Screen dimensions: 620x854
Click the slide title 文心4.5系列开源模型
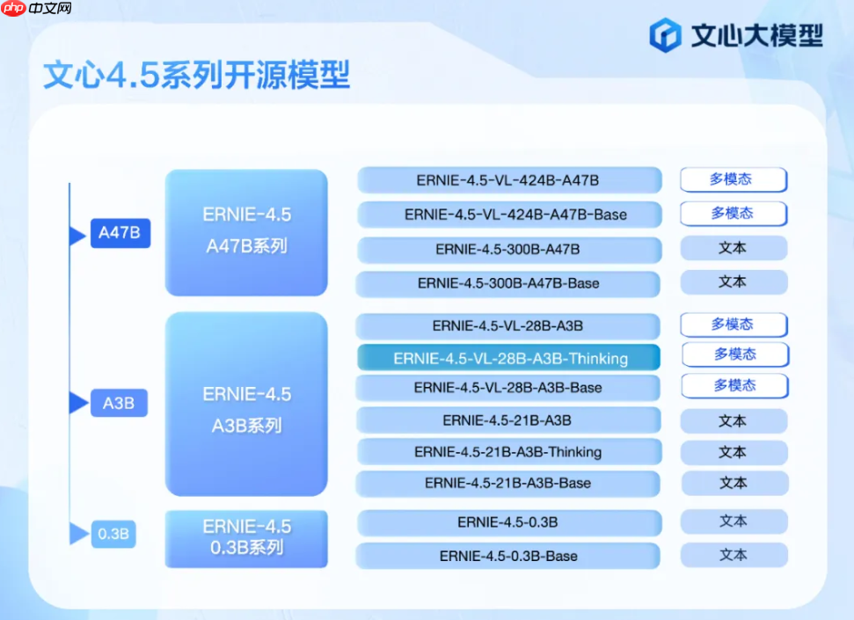click(197, 76)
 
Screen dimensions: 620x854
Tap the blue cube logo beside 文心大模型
click(666, 35)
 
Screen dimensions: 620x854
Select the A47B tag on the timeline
click(120, 234)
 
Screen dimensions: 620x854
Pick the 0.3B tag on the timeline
click(114, 534)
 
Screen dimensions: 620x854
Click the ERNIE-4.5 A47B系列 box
click(246, 231)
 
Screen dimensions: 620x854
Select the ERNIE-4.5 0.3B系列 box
click(246, 537)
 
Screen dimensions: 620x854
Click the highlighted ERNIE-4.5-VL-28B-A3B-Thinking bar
click(509, 358)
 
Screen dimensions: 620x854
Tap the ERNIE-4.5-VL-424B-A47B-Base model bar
click(509, 215)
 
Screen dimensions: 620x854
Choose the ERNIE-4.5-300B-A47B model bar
click(509, 250)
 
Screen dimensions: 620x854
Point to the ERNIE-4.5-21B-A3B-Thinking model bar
click(509, 452)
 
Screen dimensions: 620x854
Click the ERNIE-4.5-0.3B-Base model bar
click(509, 556)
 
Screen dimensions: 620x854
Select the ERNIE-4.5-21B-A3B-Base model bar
click(509, 483)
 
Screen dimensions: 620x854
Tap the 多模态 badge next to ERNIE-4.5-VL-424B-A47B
click(733, 179)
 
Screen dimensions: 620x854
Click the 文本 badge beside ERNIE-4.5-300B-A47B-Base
click(733, 282)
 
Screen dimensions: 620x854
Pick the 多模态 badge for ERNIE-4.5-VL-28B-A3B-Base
click(734, 385)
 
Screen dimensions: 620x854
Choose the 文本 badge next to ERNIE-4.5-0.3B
click(733, 522)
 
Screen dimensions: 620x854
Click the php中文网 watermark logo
click(37, 10)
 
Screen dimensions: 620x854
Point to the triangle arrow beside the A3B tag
click(78, 404)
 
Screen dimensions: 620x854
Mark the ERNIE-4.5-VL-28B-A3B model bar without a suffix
click(509, 326)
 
